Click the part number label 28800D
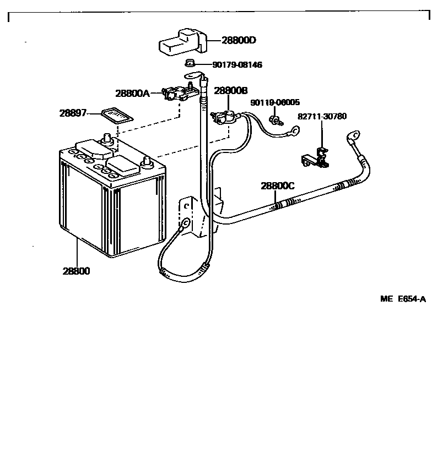click(x=239, y=40)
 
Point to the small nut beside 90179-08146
click(x=189, y=63)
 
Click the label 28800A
click(x=132, y=94)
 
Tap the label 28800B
click(x=231, y=91)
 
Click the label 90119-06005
click(x=275, y=102)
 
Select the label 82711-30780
click(x=322, y=117)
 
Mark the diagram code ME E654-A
click(x=403, y=299)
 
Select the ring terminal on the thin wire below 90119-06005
click(x=295, y=131)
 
